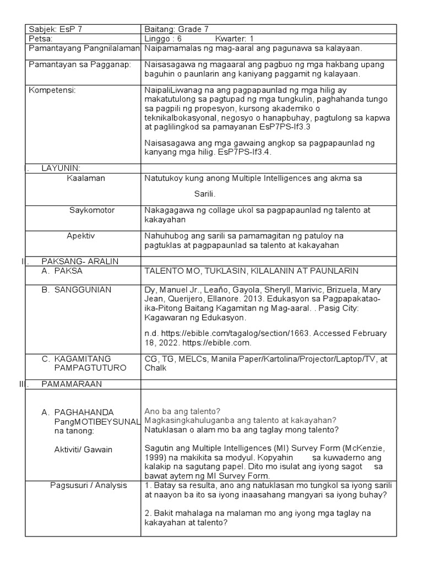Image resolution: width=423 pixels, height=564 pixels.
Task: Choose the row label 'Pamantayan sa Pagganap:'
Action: [x=80, y=64]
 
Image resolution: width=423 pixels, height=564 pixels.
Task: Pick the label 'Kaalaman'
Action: [x=86, y=178]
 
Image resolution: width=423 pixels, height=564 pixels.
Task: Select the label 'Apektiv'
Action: [x=81, y=235]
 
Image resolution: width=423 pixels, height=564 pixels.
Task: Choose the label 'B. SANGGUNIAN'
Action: [x=77, y=289]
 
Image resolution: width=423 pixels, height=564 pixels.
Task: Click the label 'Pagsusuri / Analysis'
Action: [x=88, y=485]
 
